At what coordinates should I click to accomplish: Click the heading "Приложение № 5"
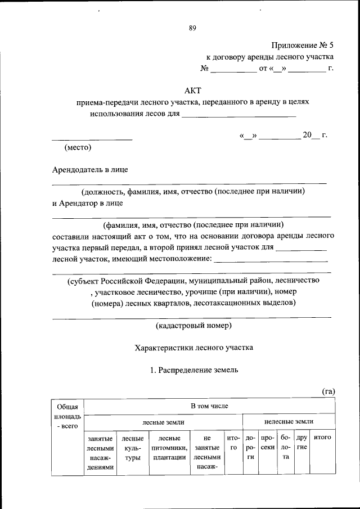click(303, 44)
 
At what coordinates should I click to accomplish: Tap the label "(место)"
click(78, 148)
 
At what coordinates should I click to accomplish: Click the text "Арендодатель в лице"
click(93, 169)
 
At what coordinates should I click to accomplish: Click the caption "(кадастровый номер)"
click(193, 325)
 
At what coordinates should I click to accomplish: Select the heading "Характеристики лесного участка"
click(193, 348)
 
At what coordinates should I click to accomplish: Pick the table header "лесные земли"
click(163, 421)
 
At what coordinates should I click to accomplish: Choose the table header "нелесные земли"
click(289, 421)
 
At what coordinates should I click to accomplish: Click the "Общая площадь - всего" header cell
click(67, 417)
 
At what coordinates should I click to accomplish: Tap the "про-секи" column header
click(268, 442)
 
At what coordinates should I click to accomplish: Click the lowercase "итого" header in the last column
click(322, 437)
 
